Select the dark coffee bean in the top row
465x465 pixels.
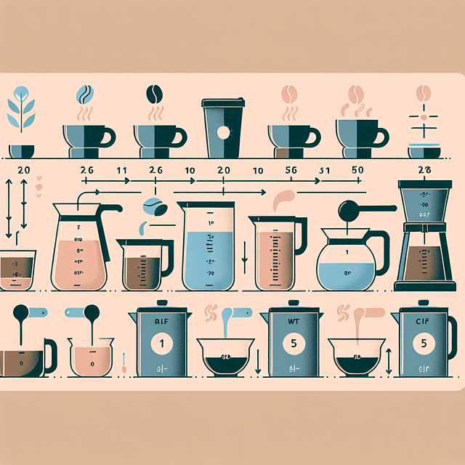[x=155, y=94]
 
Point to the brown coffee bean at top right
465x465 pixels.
[x=422, y=94]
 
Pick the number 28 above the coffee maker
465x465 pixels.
[x=425, y=169]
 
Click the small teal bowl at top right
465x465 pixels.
[x=424, y=151]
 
